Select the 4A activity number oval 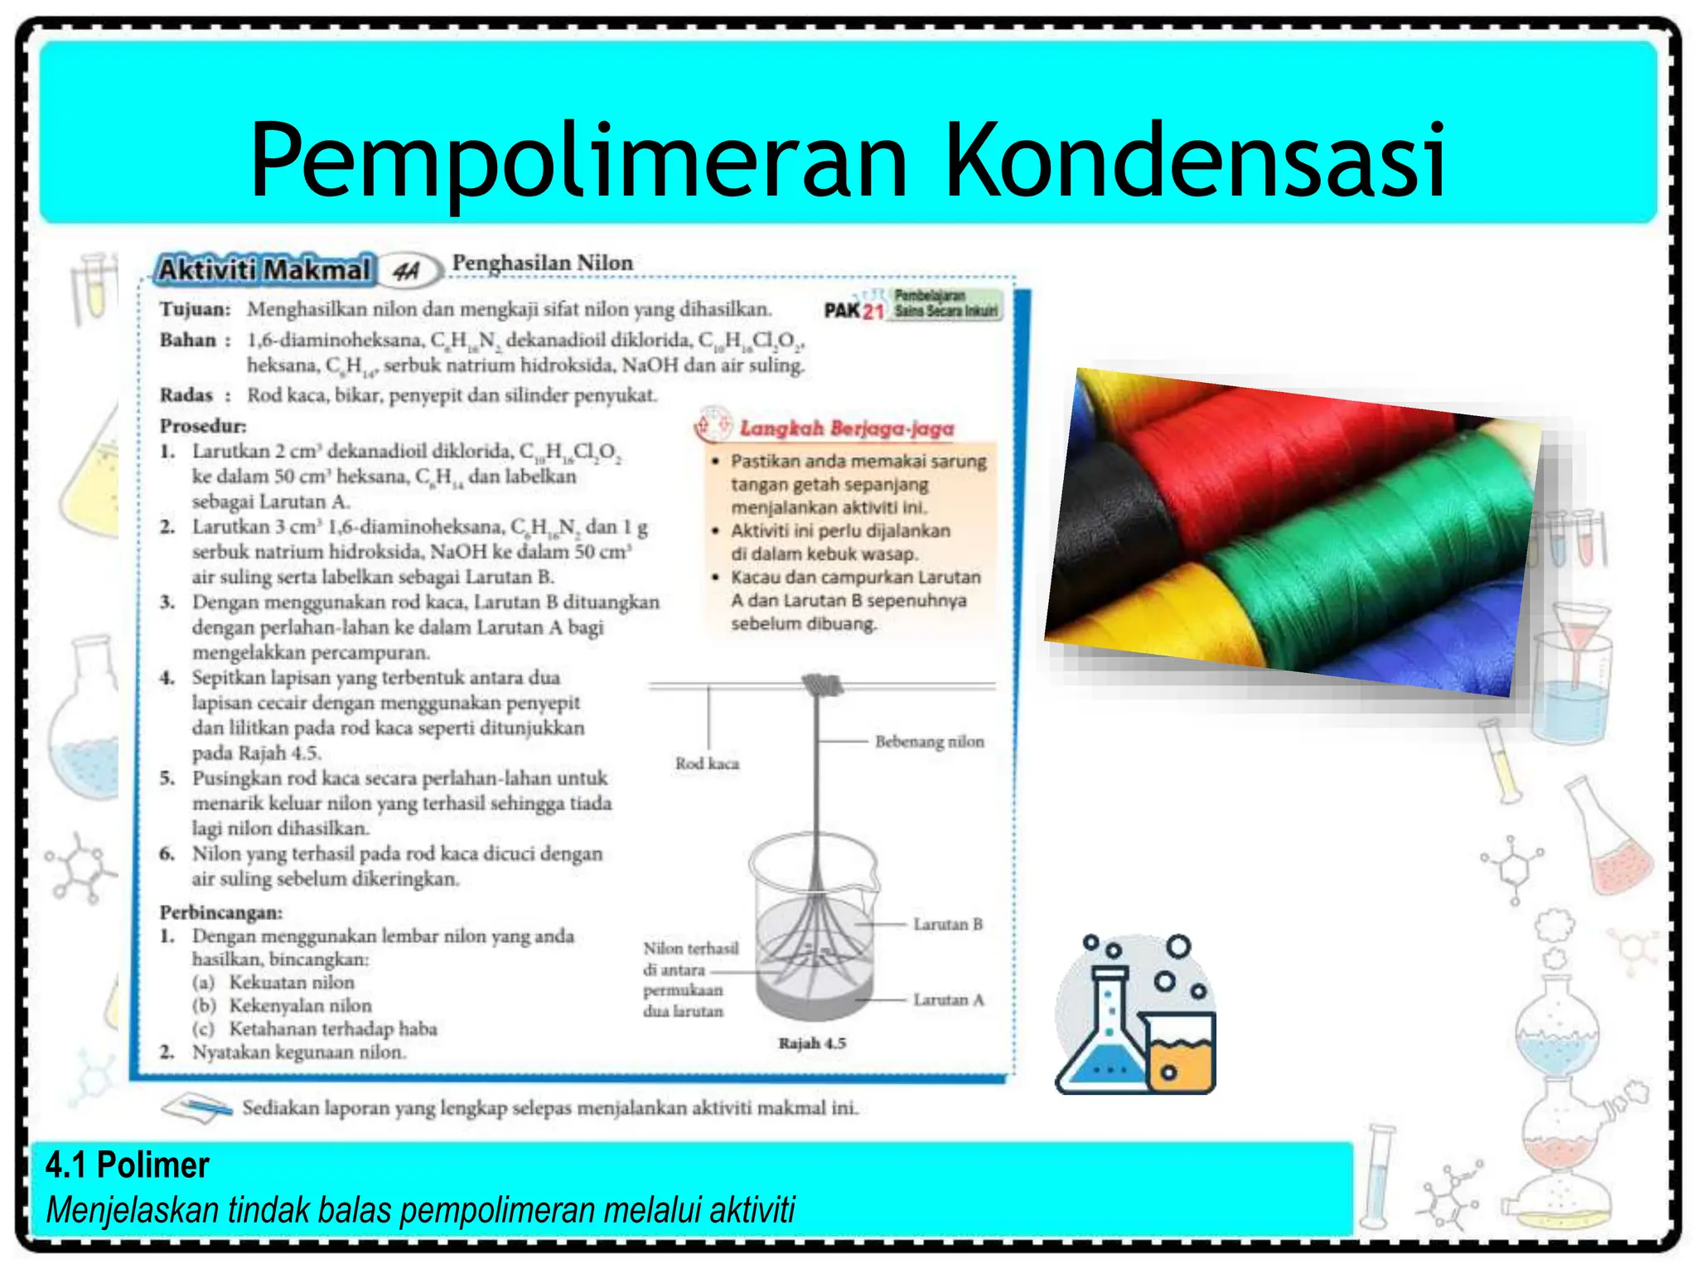(407, 271)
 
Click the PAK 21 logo (853, 310)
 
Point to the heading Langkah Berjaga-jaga (846, 428)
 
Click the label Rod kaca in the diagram (706, 763)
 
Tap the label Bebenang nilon (929, 742)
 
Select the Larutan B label (947, 924)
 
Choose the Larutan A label (948, 1000)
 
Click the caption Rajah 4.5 (811, 1043)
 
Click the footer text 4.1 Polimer (127, 1165)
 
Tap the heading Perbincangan (220, 912)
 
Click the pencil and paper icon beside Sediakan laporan (196, 1108)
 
